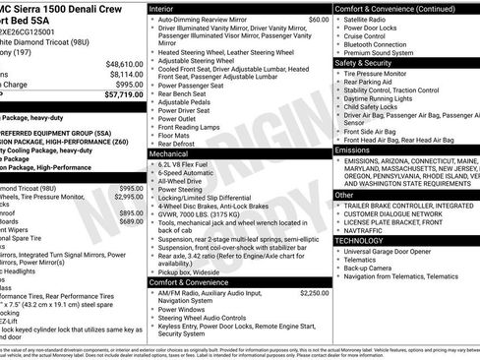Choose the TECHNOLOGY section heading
pyautogui.click(x=359, y=240)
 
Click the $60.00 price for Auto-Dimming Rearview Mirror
pyautogui.click(x=318, y=20)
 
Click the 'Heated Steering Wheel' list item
pyautogui.click(x=223, y=52)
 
